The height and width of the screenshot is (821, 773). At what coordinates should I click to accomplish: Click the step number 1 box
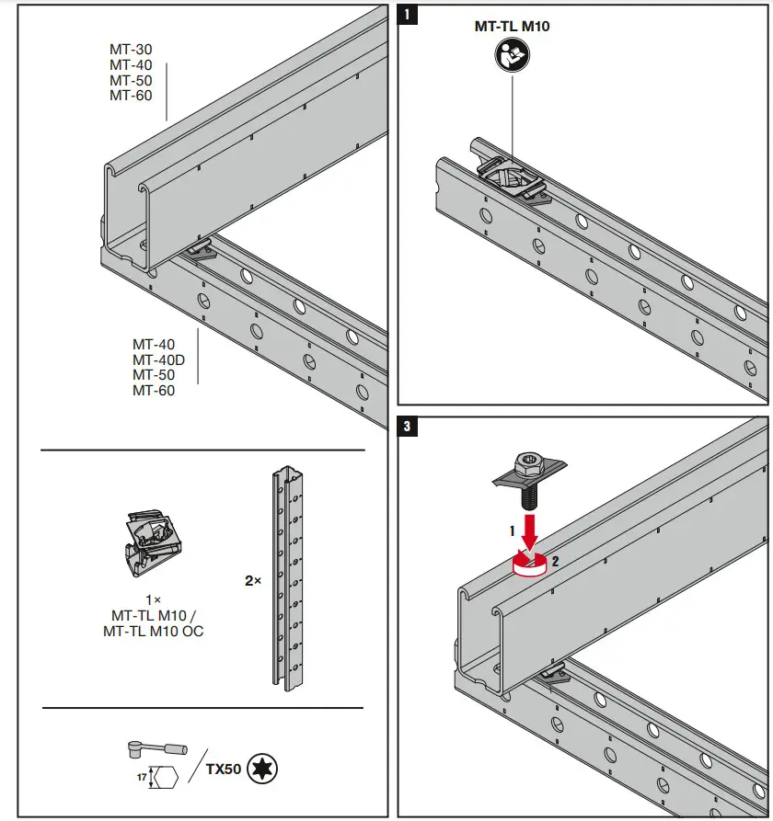[x=409, y=14]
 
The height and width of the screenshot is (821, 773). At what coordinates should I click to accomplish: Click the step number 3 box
[x=409, y=426]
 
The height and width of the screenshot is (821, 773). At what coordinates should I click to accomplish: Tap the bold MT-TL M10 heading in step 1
[x=512, y=27]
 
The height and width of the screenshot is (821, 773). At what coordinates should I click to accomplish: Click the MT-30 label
[x=131, y=50]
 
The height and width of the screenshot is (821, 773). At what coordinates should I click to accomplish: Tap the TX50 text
[x=223, y=768]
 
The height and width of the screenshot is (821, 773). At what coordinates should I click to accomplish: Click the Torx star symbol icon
[x=263, y=768]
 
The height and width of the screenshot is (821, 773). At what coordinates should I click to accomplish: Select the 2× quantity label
[x=252, y=581]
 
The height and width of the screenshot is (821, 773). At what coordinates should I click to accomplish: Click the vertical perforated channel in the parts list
[x=288, y=579]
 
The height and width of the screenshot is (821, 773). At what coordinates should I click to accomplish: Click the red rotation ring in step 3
[x=529, y=564]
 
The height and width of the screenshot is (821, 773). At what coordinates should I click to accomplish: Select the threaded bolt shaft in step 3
[x=530, y=494]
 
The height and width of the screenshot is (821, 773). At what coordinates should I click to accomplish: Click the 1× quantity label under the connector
[x=155, y=599]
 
